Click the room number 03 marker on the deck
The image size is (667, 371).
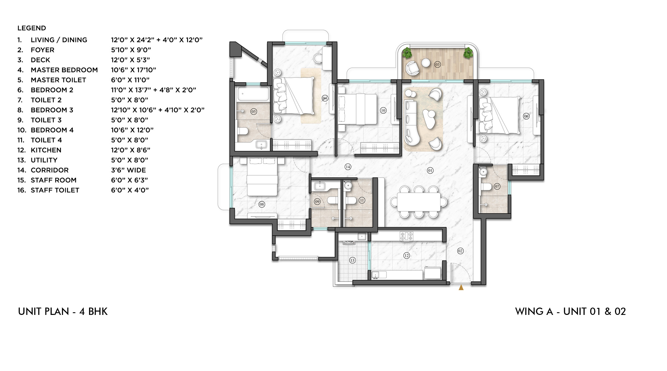pyautogui.click(x=438, y=64)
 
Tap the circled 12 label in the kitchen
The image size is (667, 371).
pyautogui.click(x=406, y=255)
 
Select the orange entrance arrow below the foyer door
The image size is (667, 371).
pyautogui.click(x=461, y=287)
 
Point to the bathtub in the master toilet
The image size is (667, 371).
pyautogui.click(x=252, y=94)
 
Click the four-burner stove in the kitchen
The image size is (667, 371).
pyautogui.click(x=407, y=236)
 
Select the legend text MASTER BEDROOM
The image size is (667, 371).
pyautogui.click(x=64, y=70)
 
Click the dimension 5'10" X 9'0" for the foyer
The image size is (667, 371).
pyautogui.click(x=131, y=50)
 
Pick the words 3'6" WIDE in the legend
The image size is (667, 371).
pyautogui.click(x=128, y=170)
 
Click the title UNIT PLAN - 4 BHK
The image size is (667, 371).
pyautogui.click(x=63, y=312)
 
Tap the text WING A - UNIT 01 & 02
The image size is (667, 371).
pyautogui.click(x=570, y=312)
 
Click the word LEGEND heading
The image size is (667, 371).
pyautogui.click(x=32, y=28)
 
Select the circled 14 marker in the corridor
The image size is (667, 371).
pyautogui.click(x=348, y=167)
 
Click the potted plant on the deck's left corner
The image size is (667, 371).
pyautogui.click(x=407, y=53)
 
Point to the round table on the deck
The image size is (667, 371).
pyautogui.click(x=426, y=63)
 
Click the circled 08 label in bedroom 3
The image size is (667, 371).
pyautogui.click(x=262, y=204)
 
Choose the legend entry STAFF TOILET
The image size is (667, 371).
pyautogui.click(x=55, y=190)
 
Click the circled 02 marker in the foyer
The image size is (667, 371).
pyautogui.click(x=460, y=251)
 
